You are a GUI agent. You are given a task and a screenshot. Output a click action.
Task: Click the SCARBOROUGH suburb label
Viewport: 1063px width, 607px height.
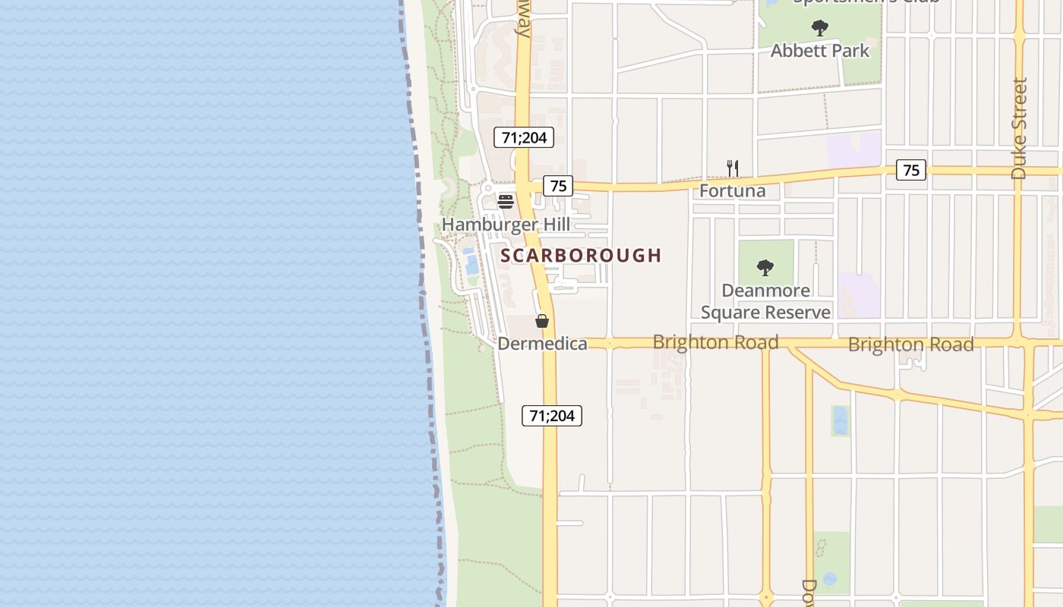(581, 256)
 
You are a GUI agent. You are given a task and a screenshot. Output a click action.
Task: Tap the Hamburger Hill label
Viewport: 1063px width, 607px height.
(506, 225)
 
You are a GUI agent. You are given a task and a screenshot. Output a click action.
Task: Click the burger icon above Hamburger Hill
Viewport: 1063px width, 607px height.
(506, 202)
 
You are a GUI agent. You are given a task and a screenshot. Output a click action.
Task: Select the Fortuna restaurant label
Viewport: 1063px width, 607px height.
(732, 190)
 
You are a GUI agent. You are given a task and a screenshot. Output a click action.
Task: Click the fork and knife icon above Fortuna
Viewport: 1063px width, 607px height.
(733, 168)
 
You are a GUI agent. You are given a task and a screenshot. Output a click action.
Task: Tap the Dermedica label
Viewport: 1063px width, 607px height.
(542, 344)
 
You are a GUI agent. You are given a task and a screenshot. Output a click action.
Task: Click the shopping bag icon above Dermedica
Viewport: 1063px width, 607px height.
(542, 321)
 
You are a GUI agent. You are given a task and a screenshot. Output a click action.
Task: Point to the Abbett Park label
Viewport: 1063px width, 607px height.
(820, 51)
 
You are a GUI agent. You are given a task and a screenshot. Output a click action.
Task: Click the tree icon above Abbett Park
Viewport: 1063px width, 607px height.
(820, 29)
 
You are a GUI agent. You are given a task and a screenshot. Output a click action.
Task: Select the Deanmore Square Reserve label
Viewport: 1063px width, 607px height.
(765, 301)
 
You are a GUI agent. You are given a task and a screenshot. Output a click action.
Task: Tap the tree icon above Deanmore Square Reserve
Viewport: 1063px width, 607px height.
(765, 267)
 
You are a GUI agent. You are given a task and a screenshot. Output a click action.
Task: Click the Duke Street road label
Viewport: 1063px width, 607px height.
(1019, 129)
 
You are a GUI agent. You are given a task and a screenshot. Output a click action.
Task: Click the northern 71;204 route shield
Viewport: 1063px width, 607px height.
(524, 137)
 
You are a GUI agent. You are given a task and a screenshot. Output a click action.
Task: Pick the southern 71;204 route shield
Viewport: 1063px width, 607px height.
(552, 416)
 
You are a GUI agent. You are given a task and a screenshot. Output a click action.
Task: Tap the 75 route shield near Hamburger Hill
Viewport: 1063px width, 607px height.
(558, 185)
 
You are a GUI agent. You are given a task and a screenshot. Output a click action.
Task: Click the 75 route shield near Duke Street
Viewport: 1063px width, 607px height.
(911, 170)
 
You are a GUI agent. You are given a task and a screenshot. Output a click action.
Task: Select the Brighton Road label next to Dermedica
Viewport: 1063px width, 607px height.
(715, 342)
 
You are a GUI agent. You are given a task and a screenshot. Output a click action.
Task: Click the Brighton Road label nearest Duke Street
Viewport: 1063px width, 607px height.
(910, 344)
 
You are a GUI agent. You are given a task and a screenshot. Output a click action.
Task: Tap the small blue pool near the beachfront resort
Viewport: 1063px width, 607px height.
(471, 261)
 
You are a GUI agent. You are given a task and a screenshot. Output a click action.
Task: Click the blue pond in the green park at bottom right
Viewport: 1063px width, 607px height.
(829, 578)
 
